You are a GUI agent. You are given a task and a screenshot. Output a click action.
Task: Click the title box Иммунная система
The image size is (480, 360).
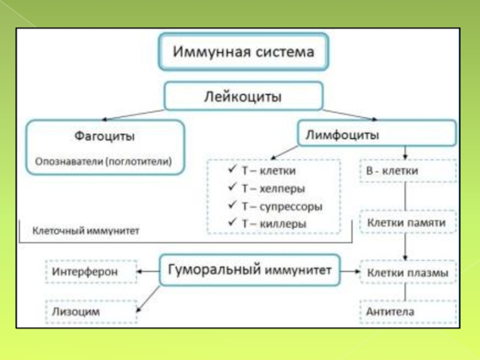(x=244, y=52)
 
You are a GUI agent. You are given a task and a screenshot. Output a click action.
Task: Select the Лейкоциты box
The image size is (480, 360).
(x=244, y=96)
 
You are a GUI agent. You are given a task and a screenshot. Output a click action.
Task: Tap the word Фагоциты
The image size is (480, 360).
(x=104, y=136)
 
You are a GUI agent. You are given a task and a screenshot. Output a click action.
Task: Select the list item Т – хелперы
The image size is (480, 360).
(x=273, y=188)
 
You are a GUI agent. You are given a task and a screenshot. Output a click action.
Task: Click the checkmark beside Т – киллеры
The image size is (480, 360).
(x=232, y=223)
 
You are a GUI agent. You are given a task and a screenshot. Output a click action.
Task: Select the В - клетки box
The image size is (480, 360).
(x=407, y=170)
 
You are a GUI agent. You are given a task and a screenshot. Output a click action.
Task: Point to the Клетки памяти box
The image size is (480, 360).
(x=407, y=223)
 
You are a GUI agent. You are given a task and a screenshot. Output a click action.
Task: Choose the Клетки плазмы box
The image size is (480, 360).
(x=407, y=274)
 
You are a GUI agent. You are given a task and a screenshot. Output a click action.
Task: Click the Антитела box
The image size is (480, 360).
(x=407, y=312)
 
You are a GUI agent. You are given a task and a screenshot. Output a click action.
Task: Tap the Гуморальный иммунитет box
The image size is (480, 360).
(x=249, y=271)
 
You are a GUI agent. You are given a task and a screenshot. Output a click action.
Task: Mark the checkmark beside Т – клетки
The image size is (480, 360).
(x=232, y=170)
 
